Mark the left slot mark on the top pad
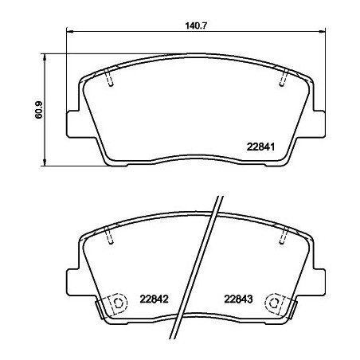[x=109, y=77]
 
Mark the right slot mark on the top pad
[x=284, y=77]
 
